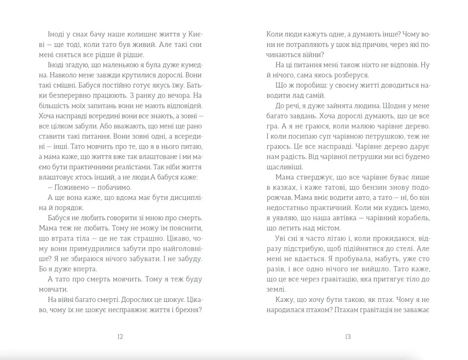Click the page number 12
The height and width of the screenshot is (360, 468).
click(x=120, y=337)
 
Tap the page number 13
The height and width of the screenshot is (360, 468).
click(x=347, y=337)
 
